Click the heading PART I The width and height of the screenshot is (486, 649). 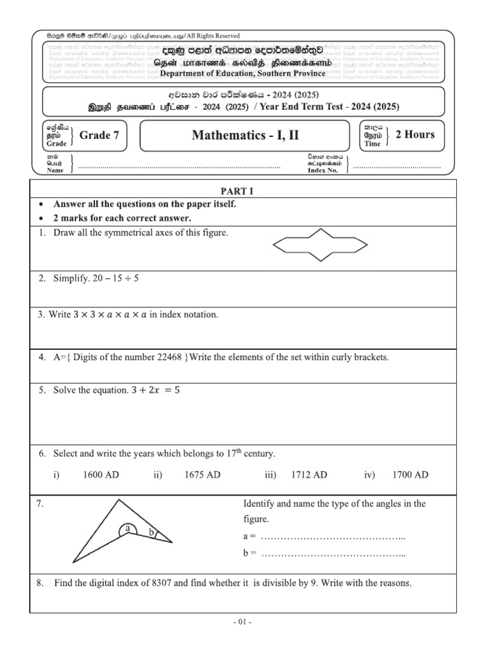coord(236,190)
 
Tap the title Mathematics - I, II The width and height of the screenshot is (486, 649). coord(243,134)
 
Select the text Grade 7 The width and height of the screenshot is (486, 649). coord(99,134)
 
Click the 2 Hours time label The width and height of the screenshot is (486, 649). coord(414,134)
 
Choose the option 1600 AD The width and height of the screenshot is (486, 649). coord(101,475)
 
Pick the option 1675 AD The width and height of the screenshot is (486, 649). coord(202,475)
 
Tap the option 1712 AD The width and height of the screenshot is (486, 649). coord(309,475)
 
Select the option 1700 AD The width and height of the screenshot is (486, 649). coord(410,475)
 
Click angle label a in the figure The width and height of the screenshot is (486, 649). coord(128,527)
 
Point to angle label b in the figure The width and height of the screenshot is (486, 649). coord(152,534)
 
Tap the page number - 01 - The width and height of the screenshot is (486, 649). coord(242,622)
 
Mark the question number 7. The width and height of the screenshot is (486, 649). coord(41,504)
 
